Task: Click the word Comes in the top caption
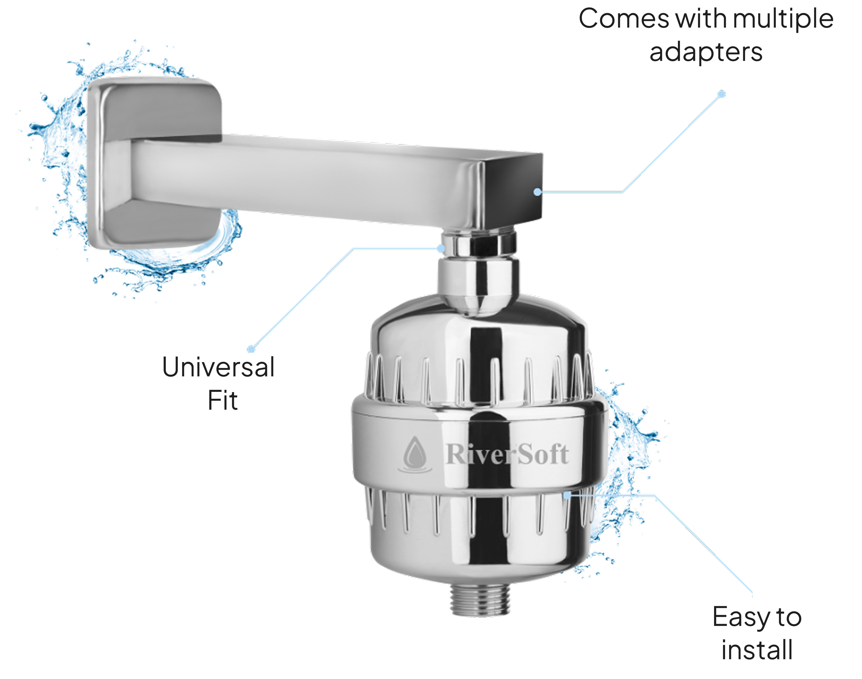[x=624, y=19]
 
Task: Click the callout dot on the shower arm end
[x=537, y=192]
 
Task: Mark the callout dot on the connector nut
[x=440, y=248]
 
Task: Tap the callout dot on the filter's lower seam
[x=567, y=495]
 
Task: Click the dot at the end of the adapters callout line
[x=721, y=94]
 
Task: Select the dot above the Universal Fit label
[x=251, y=349]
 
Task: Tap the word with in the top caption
[x=701, y=19]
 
